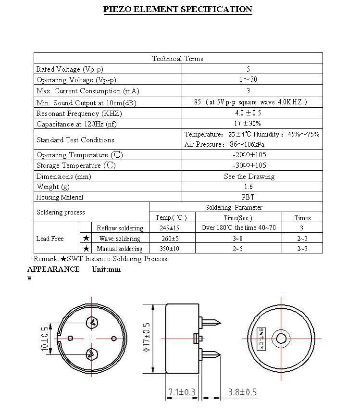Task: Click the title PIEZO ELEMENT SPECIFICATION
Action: point(178,9)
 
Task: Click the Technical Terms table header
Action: point(178,59)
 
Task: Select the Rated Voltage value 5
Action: point(248,69)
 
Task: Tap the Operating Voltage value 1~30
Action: point(248,80)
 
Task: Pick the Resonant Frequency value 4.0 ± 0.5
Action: point(248,113)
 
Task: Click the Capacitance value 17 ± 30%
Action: point(248,124)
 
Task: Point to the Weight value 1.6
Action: point(248,187)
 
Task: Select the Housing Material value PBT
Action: point(248,197)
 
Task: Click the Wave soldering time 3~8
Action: point(238,239)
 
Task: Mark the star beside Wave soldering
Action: point(86,238)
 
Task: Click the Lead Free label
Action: point(50,239)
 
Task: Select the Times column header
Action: point(302,218)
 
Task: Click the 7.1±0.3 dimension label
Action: point(182,392)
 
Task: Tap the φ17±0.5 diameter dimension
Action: point(147,337)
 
